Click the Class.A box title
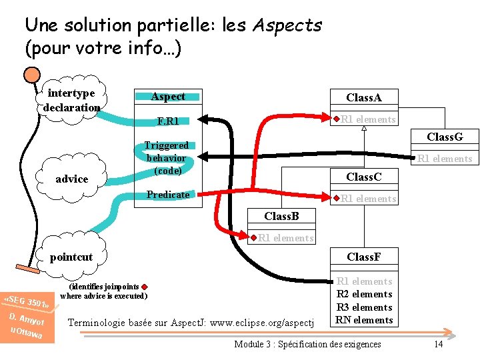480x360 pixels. [x=363, y=97]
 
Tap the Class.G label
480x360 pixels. [x=444, y=137]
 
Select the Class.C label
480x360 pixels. [x=363, y=177]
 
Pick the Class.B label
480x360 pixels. [x=281, y=216]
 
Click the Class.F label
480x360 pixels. [x=363, y=257]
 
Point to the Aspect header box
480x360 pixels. [x=168, y=97]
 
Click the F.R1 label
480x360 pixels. [x=168, y=121]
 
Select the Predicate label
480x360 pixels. [x=168, y=195]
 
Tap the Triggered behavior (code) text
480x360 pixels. [x=167, y=158]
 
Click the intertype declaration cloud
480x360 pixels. [x=71, y=100]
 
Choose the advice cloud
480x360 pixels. [x=72, y=179]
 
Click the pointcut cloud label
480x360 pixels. [x=71, y=257]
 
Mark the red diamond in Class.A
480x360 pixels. [x=337, y=119]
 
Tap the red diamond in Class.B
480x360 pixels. [x=254, y=237]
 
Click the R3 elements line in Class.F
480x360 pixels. [x=364, y=307]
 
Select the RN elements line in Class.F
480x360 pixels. [x=364, y=320]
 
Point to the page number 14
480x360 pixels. [x=438, y=344]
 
